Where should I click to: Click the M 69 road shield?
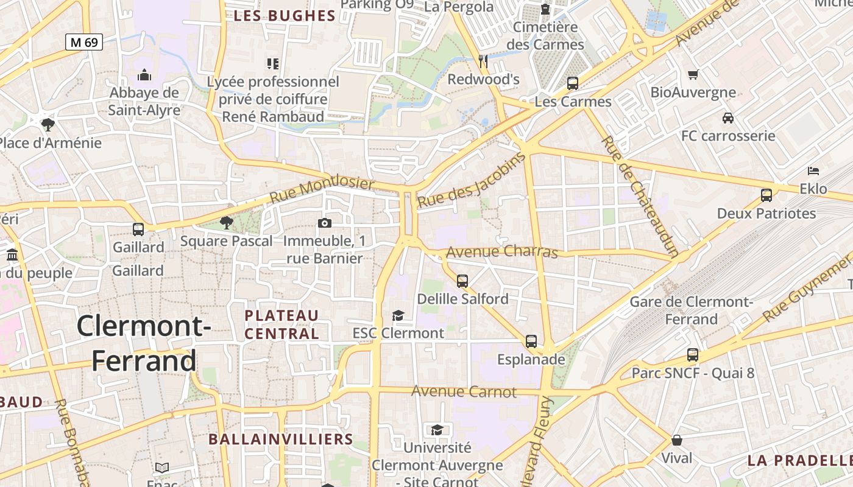coord(84,42)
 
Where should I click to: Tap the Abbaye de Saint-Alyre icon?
coord(144,75)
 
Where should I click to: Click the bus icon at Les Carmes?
coord(572,83)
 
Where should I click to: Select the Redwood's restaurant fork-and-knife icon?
coord(483,61)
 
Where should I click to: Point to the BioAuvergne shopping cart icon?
coord(693,75)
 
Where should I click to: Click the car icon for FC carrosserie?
coord(727,117)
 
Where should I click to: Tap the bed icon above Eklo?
coord(813,171)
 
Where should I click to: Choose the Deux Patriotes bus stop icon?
coord(766,195)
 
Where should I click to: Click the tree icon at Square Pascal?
coord(227,223)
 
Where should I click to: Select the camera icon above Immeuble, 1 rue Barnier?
coord(325,223)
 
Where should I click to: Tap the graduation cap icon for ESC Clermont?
coord(398,315)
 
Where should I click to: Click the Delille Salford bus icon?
coord(462,281)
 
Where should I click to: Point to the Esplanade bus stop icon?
coord(531,342)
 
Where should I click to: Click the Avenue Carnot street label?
coord(464,391)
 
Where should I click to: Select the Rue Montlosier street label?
coord(322,191)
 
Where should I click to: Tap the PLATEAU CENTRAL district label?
coord(281,324)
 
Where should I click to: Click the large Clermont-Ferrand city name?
coord(144,343)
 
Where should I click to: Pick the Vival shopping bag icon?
coord(676,440)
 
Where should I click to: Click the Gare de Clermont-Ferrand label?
coord(691,310)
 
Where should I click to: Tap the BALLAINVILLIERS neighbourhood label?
coord(280,439)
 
